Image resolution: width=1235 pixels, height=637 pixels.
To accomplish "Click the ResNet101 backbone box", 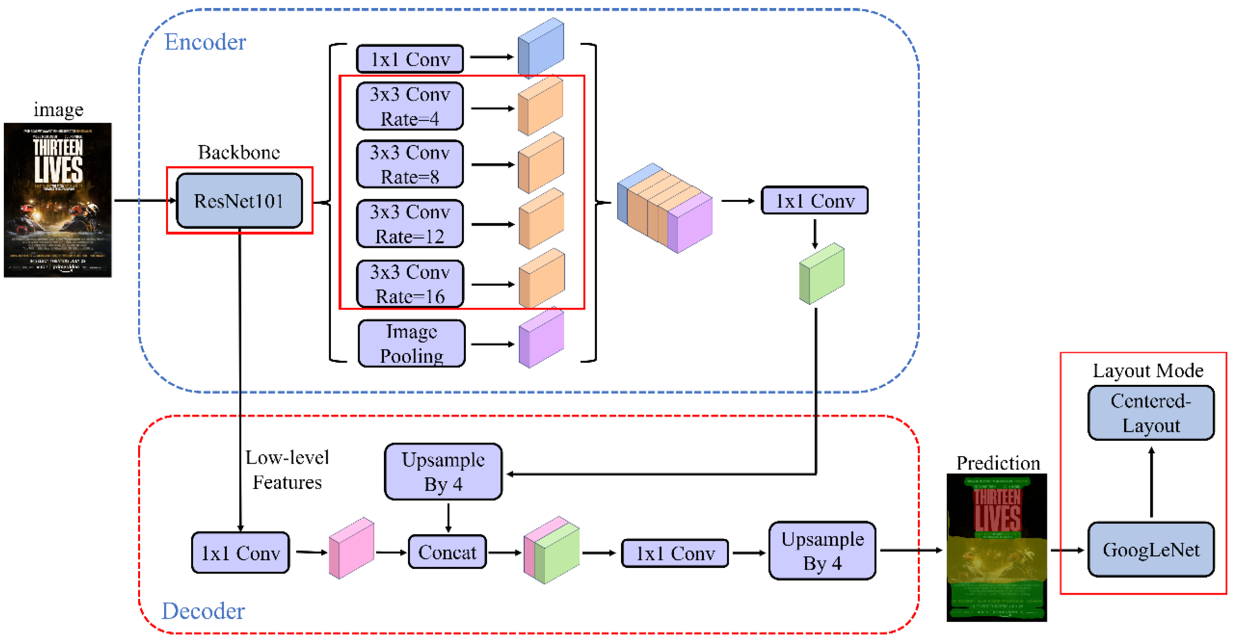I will [x=239, y=200].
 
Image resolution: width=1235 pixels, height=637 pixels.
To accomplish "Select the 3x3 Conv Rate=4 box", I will [x=410, y=106].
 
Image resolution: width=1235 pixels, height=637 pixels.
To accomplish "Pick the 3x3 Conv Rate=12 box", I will [x=410, y=224].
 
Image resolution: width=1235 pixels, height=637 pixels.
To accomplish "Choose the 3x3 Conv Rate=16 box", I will [x=410, y=284].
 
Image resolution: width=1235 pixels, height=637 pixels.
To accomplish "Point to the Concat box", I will [x=447, y=552].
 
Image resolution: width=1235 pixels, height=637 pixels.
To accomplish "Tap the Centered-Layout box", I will [x=1151, y=413].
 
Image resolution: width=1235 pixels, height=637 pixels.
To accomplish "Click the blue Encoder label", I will [x=205, y=42].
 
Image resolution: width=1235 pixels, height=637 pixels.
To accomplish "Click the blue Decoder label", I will [x=203, y=611].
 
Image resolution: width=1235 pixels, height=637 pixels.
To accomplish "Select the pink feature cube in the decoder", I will [x=351, y=548].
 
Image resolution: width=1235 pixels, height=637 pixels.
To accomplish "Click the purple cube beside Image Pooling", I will [x=541, y=339].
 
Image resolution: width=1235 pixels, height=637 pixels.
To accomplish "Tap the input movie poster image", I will [x=58, y=200].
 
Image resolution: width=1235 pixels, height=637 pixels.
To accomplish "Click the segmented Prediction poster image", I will [x=996, y=547].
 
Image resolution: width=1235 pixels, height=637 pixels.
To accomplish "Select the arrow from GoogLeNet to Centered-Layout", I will [x=1151, y=482].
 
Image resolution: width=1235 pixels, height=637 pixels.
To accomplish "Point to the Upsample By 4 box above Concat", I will [x=443, y=472].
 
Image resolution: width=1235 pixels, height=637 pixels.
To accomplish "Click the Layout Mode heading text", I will [x=1148, y=371].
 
